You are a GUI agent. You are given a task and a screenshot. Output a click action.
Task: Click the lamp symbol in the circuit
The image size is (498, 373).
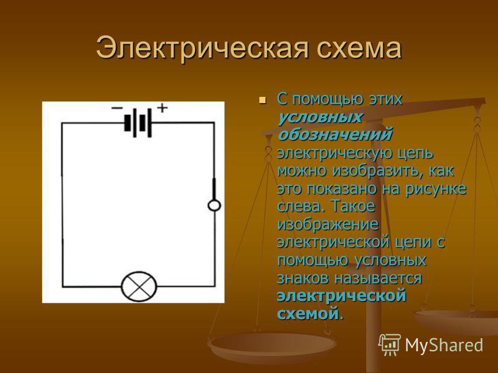pos(139,287)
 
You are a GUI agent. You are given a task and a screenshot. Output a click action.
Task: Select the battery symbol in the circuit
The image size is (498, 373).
pos(138,122)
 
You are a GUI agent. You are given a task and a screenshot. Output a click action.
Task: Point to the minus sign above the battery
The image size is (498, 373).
pos(117,108)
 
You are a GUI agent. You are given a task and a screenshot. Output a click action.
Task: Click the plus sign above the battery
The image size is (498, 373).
pos(162,108)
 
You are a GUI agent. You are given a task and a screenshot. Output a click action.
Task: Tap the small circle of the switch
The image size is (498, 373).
pos(214,206)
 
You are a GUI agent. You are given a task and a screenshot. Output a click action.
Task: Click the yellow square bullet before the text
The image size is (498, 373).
pos(262,101)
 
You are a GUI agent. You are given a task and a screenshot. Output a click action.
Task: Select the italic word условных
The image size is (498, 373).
pos(320,117)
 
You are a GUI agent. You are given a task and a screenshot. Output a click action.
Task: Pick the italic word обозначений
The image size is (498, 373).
pos(335,135)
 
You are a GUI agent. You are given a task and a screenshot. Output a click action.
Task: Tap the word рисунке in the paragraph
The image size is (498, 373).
pos(436,189)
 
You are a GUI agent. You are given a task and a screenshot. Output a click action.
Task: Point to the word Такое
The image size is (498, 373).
pos(353,206)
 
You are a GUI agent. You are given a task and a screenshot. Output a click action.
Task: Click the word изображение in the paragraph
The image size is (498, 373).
pos(328,225)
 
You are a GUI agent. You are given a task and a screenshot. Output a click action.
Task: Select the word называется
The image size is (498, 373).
pos(378,279)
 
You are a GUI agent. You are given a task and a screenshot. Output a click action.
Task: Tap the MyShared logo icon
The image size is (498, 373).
pos(390,345)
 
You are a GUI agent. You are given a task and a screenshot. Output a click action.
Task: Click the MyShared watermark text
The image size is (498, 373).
pos(444,345)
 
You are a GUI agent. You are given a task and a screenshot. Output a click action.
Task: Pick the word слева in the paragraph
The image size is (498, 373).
pos(300,207)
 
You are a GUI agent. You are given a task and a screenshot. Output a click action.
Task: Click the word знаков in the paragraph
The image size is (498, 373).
pos(303,279)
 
